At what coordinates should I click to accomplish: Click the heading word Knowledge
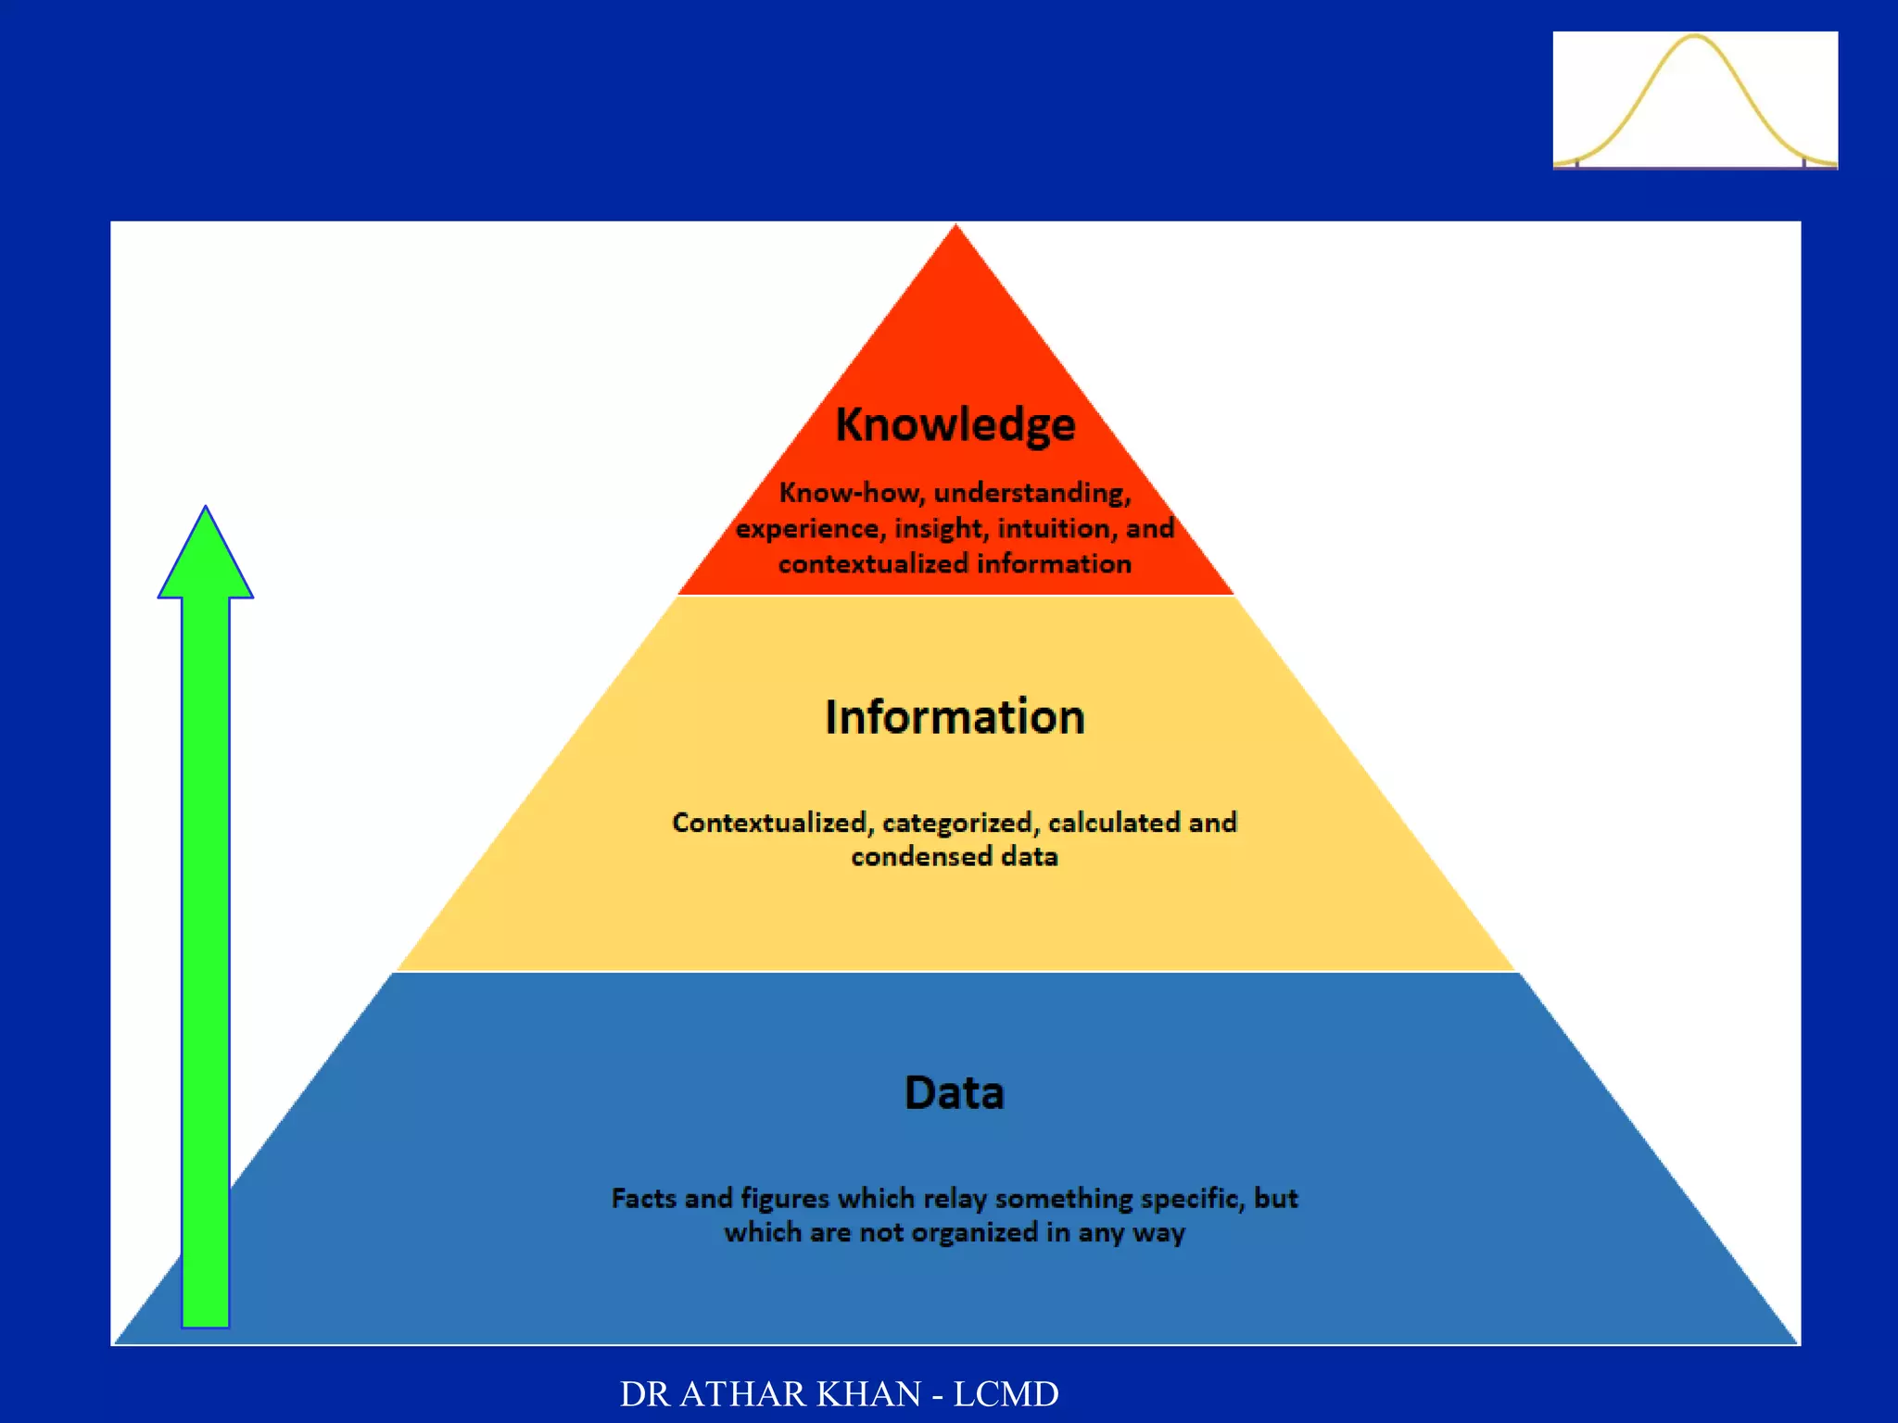[955, 425]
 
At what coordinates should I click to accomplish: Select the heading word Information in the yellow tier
[955, 717]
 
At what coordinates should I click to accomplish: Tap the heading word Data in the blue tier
[955, 1092]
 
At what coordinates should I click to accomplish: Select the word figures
[785, 1200]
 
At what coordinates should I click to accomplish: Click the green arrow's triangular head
[206, 561]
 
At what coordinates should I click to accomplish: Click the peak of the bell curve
[1695, 38]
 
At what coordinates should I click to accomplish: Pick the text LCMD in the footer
[1006, 1394]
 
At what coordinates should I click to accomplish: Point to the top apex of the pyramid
[956, 228]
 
